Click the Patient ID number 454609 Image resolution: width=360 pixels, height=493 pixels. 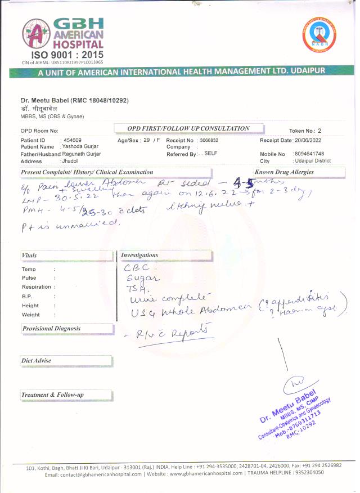73,140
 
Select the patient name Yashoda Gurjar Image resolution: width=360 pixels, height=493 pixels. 80,146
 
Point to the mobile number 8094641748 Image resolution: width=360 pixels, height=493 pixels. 309,154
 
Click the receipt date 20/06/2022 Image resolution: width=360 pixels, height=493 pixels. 309,140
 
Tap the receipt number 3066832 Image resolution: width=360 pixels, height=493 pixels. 209,140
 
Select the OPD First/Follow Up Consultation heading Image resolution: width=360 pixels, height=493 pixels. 182,128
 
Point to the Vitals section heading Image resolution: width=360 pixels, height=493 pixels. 29,255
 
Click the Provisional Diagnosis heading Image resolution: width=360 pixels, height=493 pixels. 52,328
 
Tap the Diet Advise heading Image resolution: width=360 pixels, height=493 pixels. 37,360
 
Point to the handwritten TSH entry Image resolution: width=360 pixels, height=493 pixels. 136,288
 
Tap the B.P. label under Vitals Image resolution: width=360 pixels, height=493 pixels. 27,296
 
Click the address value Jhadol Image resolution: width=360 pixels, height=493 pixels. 70,161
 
